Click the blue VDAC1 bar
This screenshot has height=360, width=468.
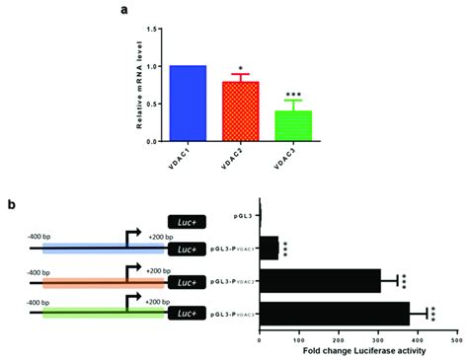(187, 104)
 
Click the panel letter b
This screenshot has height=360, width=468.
(11, 204)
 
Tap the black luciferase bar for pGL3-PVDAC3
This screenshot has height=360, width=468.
(317, 314)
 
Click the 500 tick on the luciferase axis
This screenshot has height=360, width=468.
(455, 339)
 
